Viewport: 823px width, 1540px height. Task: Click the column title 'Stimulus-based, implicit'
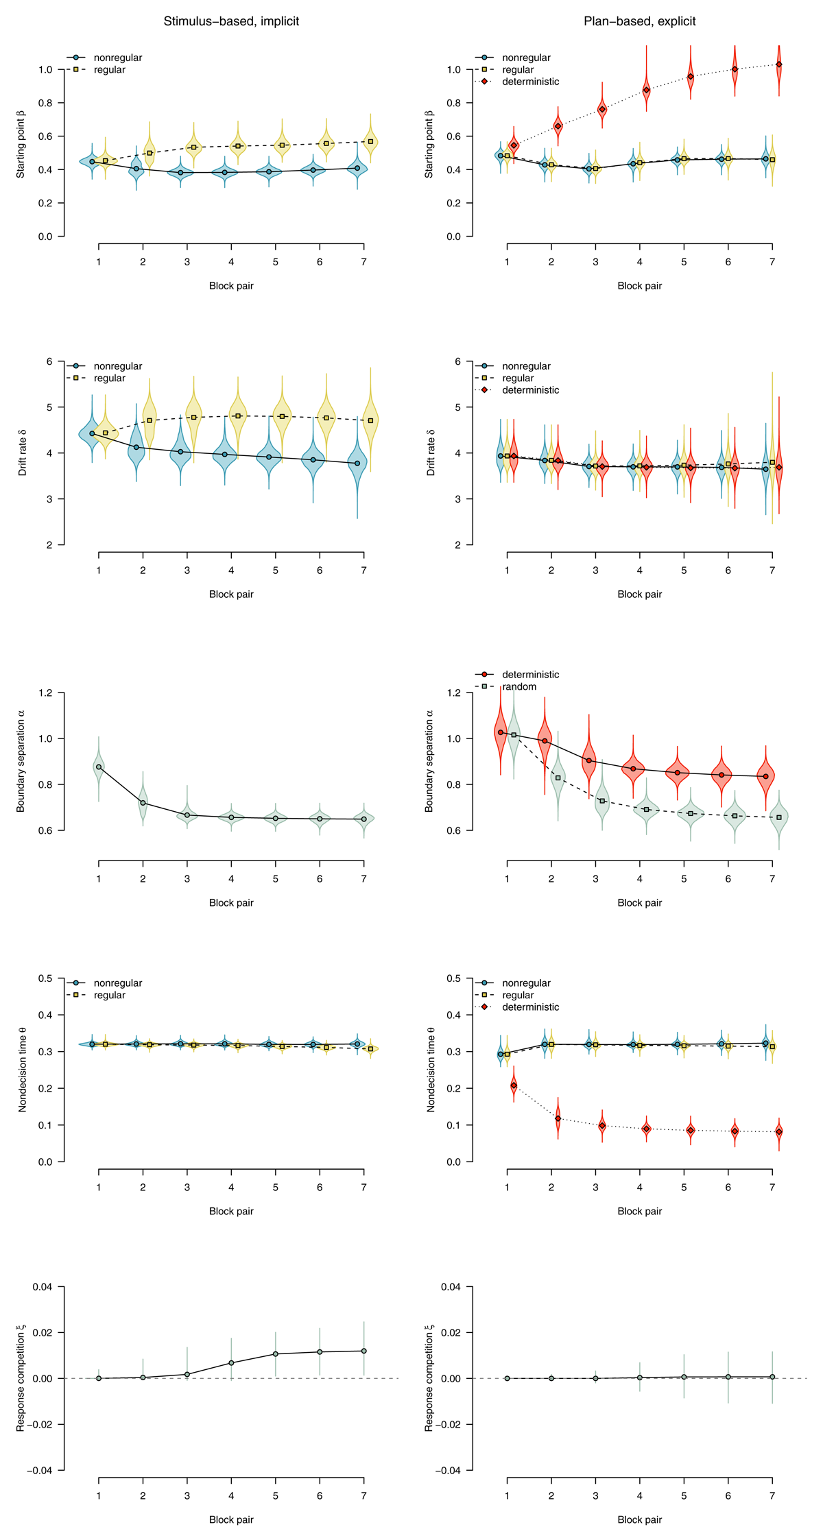(231, 21)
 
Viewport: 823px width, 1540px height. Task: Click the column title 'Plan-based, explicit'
(639, 21)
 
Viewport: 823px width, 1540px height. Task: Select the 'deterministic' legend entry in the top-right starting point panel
(530, 82)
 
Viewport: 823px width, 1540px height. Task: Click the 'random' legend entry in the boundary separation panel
(519, 686)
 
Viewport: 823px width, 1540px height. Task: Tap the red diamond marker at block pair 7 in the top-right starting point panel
(778, 64)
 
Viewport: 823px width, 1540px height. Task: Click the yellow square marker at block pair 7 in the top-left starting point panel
(370, 141)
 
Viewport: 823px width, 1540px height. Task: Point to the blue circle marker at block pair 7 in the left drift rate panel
(357, 464)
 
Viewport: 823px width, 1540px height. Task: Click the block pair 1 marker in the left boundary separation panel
(99, 767)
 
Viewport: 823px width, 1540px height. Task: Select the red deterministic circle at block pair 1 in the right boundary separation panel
(501, 732)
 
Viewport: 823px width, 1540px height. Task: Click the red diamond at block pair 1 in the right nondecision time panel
(514, 1085)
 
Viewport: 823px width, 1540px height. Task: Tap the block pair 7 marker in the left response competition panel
(363, 1351)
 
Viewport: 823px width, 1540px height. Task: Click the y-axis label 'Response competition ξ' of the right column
(429, 1378)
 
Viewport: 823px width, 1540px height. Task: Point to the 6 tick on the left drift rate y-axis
(48, 361)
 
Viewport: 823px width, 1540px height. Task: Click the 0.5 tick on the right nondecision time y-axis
(453, 978)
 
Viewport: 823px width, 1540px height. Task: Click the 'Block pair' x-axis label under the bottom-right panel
(639, 1519)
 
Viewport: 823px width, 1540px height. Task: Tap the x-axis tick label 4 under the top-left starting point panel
(231, 262)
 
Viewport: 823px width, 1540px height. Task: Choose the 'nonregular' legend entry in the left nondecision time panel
(117, 983)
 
